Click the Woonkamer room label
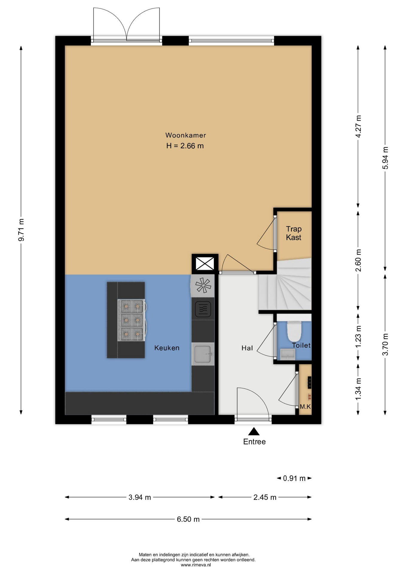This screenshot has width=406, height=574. pos(186,135)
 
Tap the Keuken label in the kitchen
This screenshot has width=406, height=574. pos(167,348)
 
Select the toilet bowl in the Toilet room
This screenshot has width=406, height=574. pos(294,331)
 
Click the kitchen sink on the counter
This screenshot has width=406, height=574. pos(203,354)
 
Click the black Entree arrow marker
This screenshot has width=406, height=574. pos(254,431)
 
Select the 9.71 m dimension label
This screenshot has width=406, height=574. pos(21,230)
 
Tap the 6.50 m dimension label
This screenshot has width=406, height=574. pos(188,519)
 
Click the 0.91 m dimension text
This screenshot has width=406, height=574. pos(294,478)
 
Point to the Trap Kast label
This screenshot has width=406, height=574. pos(294,233)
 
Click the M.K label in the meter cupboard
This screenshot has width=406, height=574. pos(305,407)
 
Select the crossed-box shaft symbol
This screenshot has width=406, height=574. pos(205,264)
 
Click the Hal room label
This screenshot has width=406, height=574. pos(247,348)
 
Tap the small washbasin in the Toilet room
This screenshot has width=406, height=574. pos(288,354)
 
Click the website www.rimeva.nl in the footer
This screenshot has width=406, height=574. pos(196,565)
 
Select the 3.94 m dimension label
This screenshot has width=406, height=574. pos(140,497)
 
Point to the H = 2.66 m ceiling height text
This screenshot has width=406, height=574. pos(185,146)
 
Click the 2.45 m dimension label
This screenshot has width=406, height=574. pos(265,497)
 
